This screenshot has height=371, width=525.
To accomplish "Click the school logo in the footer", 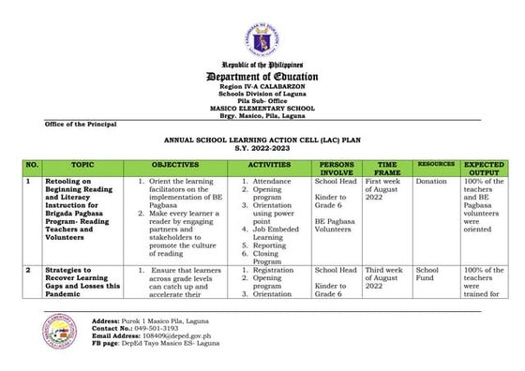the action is pos(64,335).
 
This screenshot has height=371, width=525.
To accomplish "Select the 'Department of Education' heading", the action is pos(262,76).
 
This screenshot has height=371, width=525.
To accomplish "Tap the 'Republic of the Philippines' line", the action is pos(262,64).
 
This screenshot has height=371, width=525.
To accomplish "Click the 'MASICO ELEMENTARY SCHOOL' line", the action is pos(262,108).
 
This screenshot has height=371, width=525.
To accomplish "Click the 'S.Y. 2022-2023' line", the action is pos(262,146).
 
